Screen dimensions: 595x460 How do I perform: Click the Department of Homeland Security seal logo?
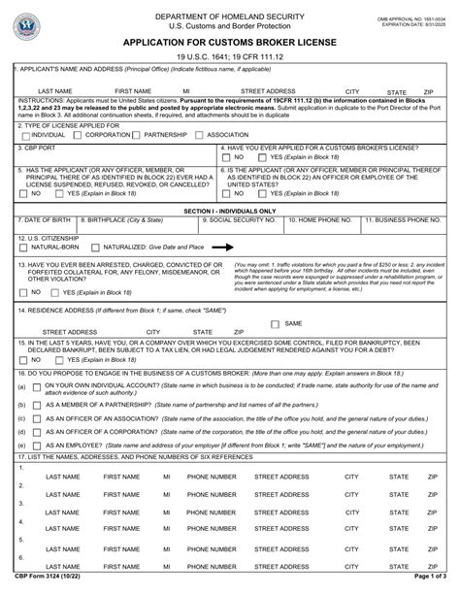click(x=36, y=21)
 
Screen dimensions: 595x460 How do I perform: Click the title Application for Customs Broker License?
click(x=230, y=44)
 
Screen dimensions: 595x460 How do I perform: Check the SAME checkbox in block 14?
click(x=275, y=323)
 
